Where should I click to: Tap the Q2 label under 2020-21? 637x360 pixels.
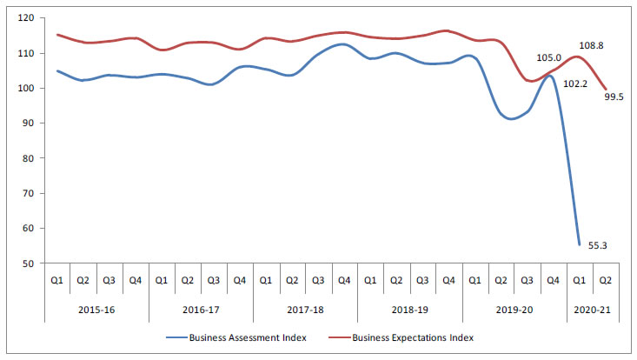(605, 281)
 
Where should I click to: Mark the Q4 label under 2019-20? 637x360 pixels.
(553, 281)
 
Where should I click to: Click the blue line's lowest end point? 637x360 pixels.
(580, 244)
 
